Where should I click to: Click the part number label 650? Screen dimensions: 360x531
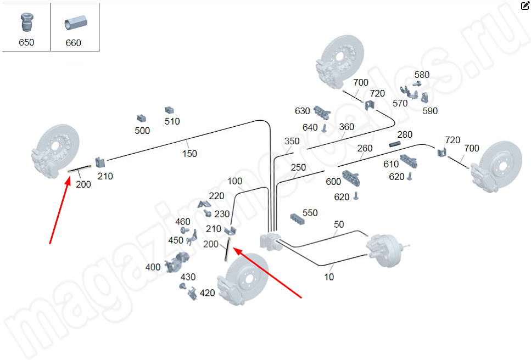(26, 43)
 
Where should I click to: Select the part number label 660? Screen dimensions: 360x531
(73, 43)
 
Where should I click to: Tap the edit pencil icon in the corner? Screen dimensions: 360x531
(525, 6)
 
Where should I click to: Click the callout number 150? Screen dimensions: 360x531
(189, 154)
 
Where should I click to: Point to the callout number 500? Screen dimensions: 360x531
(142, 131)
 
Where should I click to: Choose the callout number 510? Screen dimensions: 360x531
(172, 121)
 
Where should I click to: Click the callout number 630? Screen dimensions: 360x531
(303, 111)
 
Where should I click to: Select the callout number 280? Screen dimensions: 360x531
(405, 134)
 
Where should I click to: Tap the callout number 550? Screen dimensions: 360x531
(310, 213)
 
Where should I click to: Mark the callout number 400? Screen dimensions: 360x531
(153, 267)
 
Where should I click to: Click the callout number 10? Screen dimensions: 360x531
(329, 277)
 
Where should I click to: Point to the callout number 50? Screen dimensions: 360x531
(339, 224)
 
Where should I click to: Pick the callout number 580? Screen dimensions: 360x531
(422, 75)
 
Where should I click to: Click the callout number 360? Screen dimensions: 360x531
(346, 127)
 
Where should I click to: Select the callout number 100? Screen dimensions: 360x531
(234, 181)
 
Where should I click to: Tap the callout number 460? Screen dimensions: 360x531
(183, 222)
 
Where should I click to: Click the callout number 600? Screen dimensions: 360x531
(333, 182)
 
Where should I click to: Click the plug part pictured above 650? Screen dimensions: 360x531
(26, 22)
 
